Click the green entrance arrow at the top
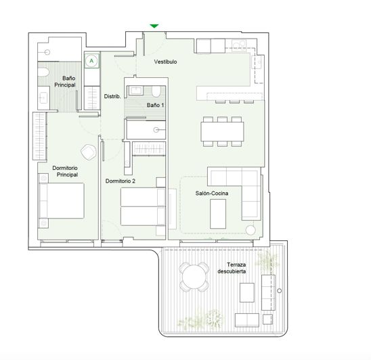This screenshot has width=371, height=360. pos(154,26)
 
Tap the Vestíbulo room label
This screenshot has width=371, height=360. pos(166,62)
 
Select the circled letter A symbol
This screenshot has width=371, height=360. pos(91,60)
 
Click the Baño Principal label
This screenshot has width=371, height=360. pos(64,83)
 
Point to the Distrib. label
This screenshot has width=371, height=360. pos(112,97)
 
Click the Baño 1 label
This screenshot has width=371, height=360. pos(156,106)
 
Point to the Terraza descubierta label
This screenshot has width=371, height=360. pos(232,267)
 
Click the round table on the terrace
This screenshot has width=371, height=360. pos(194,276)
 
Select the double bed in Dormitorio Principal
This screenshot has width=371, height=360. pos(62,203)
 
